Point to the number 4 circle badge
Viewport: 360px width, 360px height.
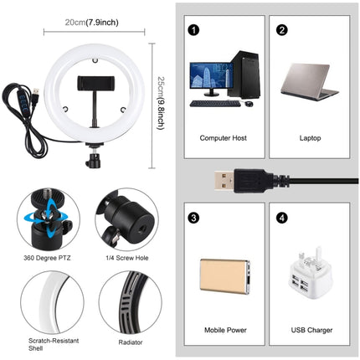click(x=281, y=219)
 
